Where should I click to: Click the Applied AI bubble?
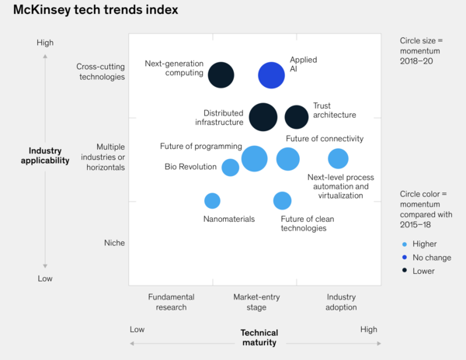(x=271, y=75)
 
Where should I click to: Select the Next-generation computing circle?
(x=221, y=75)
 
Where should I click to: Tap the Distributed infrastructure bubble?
(x=263, y=117)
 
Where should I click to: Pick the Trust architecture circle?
(x=297, y=117)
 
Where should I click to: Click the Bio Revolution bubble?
(x=231, y=168)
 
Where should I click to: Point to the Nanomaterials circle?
(x=212, y=201)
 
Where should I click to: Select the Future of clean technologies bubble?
(x=283, y=201)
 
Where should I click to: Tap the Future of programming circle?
(x=255, y=158)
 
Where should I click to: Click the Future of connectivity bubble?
(x=288, y=159)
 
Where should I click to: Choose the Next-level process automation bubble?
(x=338, y=159)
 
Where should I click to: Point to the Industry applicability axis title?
(x=45, y=155)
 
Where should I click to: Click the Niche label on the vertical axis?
(x=114, y=243)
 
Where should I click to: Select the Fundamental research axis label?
(x=172, y=302)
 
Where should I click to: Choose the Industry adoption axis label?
(x=342, y=302)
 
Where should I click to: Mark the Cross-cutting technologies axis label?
(x=101, y=71)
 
